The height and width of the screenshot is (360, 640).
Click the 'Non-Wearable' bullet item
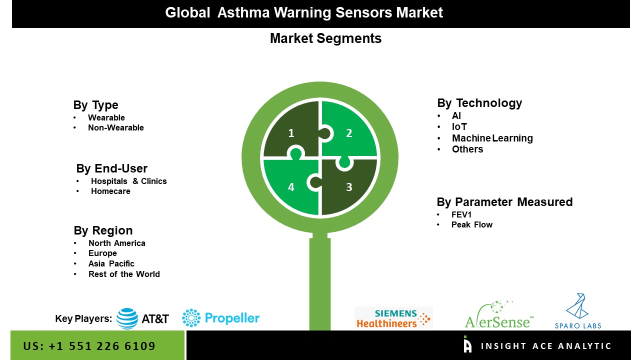pyautogui.click(x=115, y=127)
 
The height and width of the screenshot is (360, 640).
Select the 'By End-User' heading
pyautogui.click(x=111, y=168)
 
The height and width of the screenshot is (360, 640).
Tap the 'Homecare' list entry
pyautogui.click(x=110, y=191)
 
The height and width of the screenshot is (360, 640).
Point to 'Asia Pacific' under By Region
pyautogui.click(x=111, y=263)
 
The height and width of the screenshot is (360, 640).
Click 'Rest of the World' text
pyautogui.click(x=124, y=274)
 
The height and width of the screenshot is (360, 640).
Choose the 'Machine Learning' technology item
pyautogui.click(x=492, y=138)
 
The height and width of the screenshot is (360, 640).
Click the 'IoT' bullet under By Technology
pyautogui.click(x=459, y=126)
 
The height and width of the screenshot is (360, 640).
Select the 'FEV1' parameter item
pyautogui.click(x=461, y=214)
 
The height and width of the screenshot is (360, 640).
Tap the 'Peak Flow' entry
pyautogui.click(x=471, y=225)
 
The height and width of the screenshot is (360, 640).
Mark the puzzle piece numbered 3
pyautogui.click(x=349, y=187)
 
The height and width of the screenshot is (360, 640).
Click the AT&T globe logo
pyautogui.click(x=127, y=318)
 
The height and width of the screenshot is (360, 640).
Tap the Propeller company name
pyautogui.click(x=232, y=318)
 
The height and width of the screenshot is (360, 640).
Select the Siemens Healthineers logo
pyautogui.click(x=393, y=317)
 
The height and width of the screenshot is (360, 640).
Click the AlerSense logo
pyautogui.click(x=499, y=314)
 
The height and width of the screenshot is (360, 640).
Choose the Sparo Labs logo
pyautogui.click(x=577, y=311)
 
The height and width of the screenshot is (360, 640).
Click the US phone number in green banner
pyautogui.click(x=89, y=346)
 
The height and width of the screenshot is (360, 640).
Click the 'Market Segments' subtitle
pyautogui.click(x=325, y=38)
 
